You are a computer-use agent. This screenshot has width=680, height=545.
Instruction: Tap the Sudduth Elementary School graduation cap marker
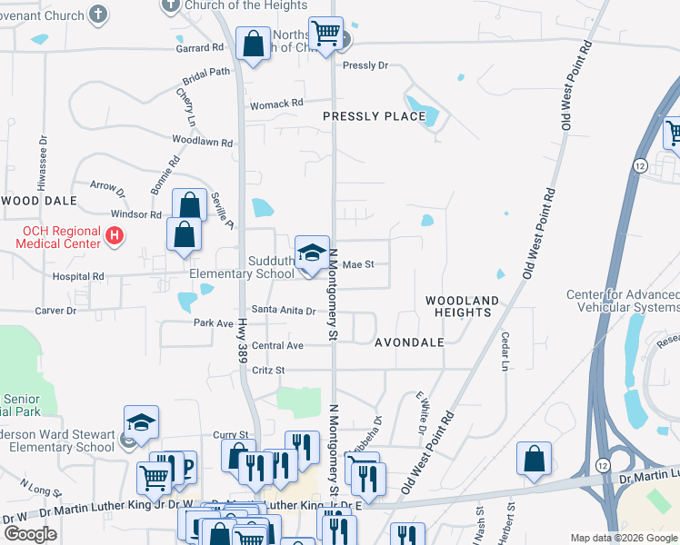311,252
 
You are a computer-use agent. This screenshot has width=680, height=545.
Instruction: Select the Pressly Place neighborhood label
374,116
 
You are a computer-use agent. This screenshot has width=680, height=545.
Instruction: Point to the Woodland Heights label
463,306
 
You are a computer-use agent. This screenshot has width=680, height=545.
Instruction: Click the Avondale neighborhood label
409,342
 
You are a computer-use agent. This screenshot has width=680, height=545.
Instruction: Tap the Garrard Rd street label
202,47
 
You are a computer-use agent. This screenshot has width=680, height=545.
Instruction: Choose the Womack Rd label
276,104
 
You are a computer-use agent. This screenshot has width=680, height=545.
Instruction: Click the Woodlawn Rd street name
203,143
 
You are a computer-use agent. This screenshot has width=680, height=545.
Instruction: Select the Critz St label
268,371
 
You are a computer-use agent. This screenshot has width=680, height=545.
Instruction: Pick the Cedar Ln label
505,352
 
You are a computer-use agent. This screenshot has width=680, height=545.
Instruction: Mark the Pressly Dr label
365,65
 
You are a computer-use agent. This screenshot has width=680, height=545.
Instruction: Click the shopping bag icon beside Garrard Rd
253,45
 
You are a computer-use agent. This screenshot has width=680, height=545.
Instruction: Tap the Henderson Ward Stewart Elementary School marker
142,423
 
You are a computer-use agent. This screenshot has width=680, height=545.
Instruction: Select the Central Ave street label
277,346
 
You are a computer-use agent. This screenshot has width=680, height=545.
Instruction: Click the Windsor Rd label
136,214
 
